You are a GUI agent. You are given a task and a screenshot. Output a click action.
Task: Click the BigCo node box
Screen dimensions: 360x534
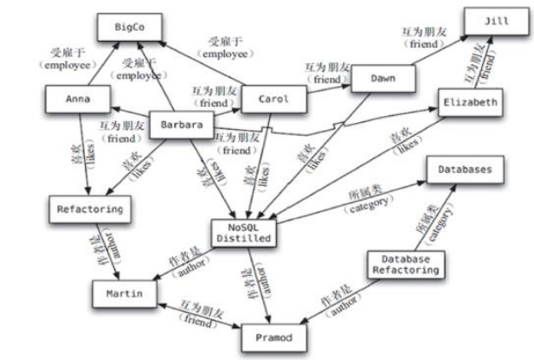126,28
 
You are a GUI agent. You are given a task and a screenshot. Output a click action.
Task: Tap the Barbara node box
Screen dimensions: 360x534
182,125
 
